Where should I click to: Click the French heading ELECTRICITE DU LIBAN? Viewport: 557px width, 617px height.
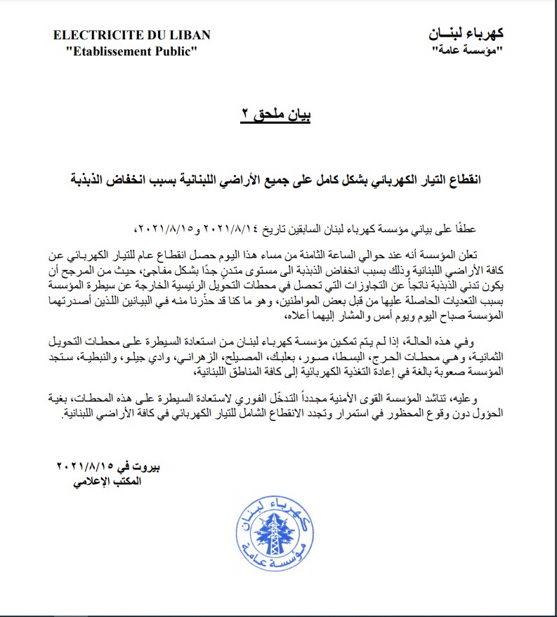tap(131, 36)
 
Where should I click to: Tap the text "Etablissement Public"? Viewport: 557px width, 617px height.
tap(131, 51)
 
